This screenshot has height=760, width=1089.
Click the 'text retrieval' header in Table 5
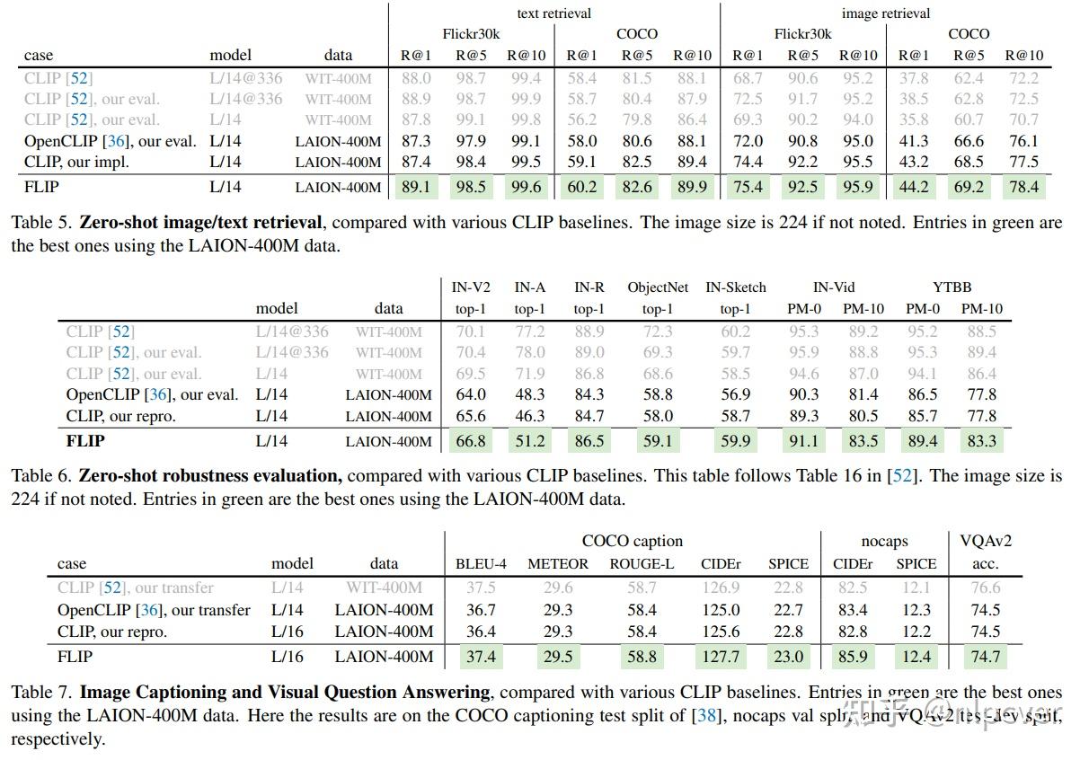tap(554, 13)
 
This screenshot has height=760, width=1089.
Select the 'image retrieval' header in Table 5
tap(885, 13)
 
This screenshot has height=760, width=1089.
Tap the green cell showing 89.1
tap(416, 188)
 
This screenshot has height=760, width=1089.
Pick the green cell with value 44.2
tap(914, 188)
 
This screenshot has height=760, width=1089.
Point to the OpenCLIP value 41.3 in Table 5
tap(914, 141)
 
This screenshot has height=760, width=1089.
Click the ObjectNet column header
tap(658, 287)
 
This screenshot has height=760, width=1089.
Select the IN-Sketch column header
tap(736, 287)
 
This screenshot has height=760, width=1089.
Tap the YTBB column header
tap(952, 287)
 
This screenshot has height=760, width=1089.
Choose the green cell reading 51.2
tap(529, 441)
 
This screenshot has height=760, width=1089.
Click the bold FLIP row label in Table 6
tap(84, 441)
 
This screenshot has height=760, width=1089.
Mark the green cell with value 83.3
tap(981, 441)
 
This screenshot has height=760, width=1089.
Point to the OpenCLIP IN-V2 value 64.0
tap(471, 394)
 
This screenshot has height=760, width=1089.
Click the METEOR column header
tap(557, 564)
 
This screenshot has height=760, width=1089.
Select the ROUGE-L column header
tap(642, 564)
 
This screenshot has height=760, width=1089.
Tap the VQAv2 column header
tap(985, 542)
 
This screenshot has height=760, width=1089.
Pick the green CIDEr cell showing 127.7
tap(721, 657)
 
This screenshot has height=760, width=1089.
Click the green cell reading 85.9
tap(852, 657)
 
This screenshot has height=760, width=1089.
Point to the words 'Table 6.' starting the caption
tap(41, 476)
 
